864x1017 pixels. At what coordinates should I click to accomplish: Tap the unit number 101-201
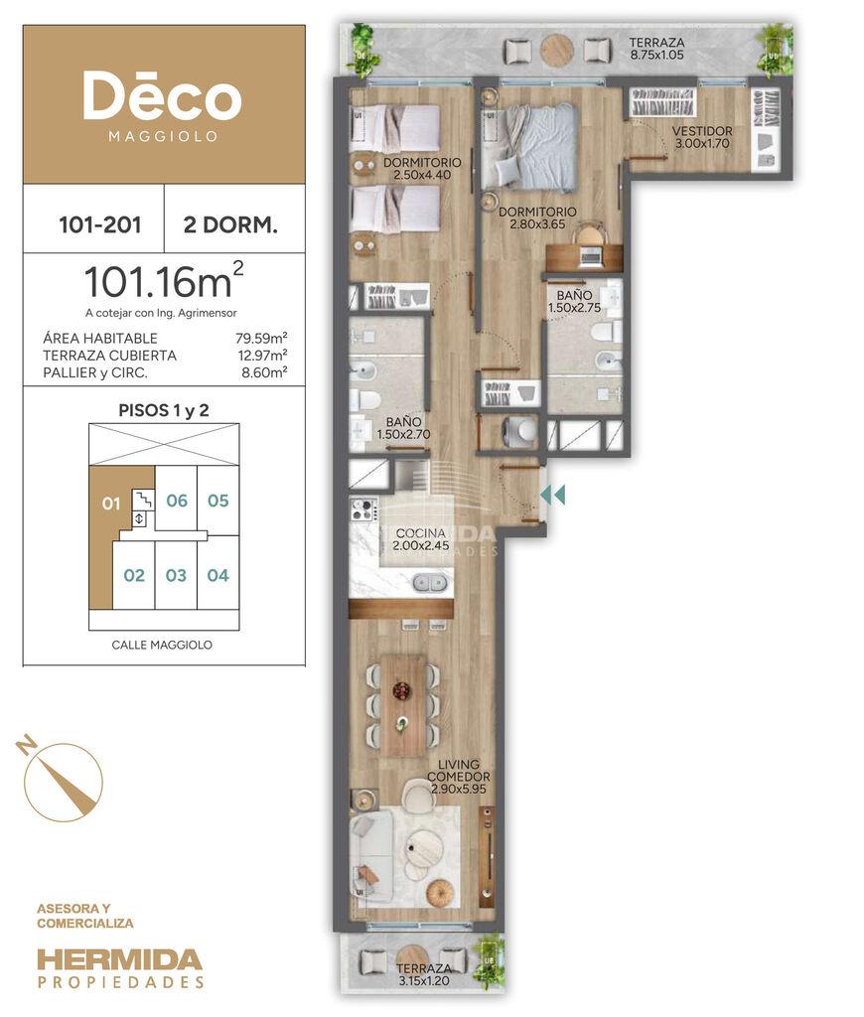click(x=100, y=224)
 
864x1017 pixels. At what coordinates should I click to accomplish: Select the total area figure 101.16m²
click(x=164, y=280)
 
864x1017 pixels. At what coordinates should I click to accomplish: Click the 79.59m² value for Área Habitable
click(x=261, y=338)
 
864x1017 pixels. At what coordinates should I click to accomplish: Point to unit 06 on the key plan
click(x=177, y=501)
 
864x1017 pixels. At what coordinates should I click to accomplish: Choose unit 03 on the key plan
click(x=176, y=575)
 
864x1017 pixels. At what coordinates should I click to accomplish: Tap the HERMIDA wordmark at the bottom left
click(x=120, y=960)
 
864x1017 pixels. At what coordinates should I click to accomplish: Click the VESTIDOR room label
click(x=702, y=131)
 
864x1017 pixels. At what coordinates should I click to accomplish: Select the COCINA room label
click(x=421, y=533)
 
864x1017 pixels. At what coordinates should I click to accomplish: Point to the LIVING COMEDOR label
click(x=459, y=771)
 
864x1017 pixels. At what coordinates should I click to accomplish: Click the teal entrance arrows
click(x=552, y=495)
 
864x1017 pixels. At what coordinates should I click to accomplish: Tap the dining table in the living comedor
click(x=403, y=705)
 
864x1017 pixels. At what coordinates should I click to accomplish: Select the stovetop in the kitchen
click(x=363, y=509)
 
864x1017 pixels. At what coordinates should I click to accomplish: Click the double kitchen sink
click(x=431, y=582)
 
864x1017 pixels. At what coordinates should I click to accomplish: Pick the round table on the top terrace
click(x=557, y=50)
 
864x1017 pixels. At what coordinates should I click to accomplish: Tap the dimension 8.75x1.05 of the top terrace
click(x=656, y=56)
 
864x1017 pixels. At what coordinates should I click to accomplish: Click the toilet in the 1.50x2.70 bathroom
click(x=367, y=399)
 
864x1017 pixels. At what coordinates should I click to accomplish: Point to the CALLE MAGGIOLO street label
click(x=162, y=645)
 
